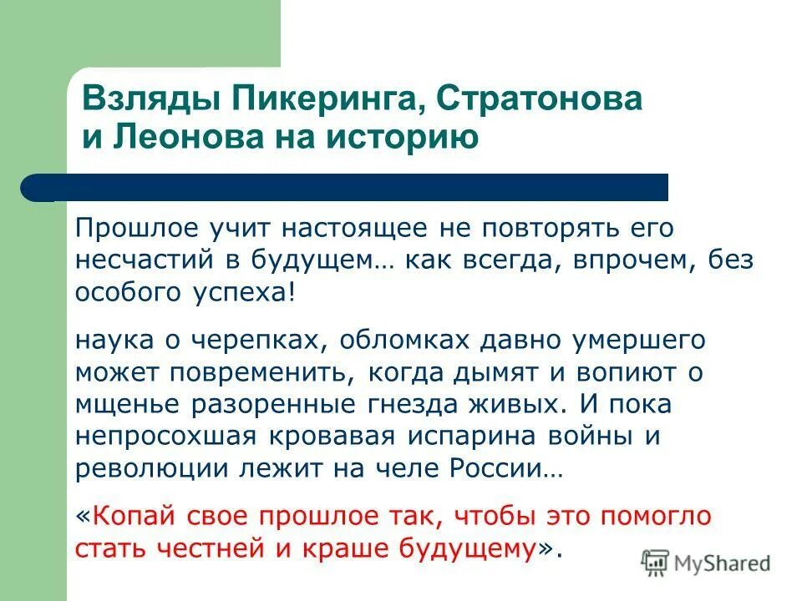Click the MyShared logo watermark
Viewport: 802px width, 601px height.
tap(706, 563)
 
